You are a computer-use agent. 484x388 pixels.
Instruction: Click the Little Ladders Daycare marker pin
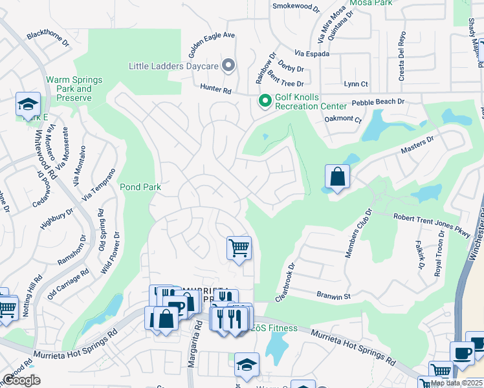coord(228,65)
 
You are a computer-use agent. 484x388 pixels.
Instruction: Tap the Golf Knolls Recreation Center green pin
coord(264,102)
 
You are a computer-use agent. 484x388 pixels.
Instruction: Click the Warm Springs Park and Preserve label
coord(74,89)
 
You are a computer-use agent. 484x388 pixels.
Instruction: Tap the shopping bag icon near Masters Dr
coord(337,176)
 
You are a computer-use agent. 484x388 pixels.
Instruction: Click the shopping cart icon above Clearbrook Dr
coord(239,248)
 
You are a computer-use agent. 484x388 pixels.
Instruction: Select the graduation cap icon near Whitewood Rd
coord(28,104)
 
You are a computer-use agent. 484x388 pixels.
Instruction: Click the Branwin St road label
coord(333,296)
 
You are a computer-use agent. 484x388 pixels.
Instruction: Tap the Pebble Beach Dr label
coord(378,102)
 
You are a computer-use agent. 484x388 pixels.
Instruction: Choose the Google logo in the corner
coord(21,380)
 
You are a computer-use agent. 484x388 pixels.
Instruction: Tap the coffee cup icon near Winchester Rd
coord(462,354)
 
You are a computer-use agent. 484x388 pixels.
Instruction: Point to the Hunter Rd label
coord(215,91)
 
